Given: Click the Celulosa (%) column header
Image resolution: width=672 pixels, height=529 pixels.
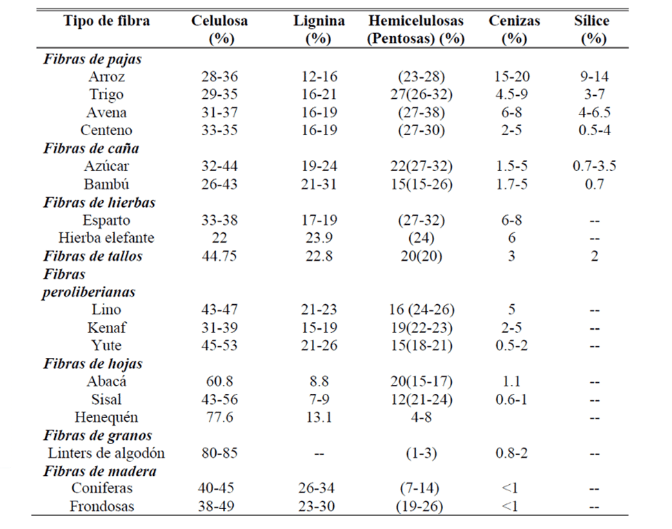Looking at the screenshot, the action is (x=219, y=30).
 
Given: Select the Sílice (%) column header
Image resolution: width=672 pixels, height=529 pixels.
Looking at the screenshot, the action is (x=592, y=30).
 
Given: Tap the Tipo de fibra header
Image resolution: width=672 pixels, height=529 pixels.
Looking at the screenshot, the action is (x=107, y=21).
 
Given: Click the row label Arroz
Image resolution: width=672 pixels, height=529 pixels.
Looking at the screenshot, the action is (x=107, y=77).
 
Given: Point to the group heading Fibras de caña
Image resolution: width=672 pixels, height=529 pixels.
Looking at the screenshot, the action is (x=91, y=148).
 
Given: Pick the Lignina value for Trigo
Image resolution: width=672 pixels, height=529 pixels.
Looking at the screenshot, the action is (x=319, y=94).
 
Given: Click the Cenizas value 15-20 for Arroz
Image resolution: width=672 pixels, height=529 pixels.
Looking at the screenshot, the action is (x=512, y=77).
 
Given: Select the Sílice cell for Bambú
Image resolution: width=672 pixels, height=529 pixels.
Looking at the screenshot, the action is (x=595, y=184).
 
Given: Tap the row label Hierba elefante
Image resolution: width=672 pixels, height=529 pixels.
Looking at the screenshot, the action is (x=106, y=238).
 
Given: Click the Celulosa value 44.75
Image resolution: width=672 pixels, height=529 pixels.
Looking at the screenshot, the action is (x=219, y=256).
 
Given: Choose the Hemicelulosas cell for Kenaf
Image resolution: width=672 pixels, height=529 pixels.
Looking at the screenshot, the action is (x=422, y=328).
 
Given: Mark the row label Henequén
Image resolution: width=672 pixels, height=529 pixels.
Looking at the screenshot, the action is (x=106, y=417).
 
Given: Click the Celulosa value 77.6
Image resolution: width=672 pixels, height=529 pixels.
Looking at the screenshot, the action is (x=219, y=417).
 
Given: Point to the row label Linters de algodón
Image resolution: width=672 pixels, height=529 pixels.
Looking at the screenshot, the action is (x=106, y=453).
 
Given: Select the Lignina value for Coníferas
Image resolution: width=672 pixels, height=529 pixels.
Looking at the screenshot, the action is (x=317, y=488).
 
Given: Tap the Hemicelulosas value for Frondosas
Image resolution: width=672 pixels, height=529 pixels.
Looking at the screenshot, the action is (x=419, y=506).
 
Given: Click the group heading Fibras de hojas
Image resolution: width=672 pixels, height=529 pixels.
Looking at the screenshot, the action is (x=92, y=363).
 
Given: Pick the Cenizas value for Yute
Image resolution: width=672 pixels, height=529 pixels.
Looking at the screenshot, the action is (x=512, y=346).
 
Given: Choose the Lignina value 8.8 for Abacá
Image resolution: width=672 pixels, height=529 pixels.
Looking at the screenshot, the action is (x=319, y=381).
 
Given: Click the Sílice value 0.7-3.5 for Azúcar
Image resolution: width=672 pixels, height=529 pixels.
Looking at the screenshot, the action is (x=595, y=166).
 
